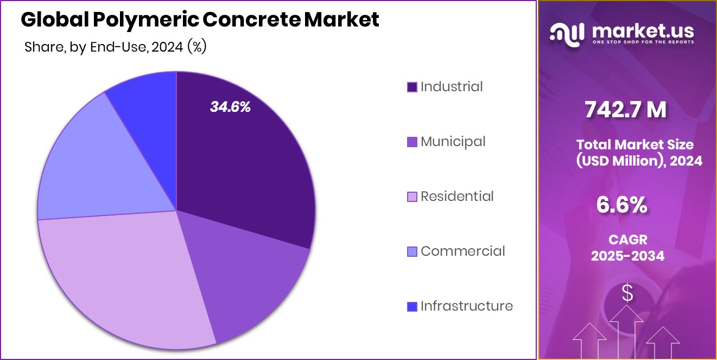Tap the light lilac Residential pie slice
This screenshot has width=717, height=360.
coord(125,282)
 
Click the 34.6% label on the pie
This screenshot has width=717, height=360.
coord(230,107)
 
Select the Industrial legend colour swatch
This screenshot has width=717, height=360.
coord(412,87)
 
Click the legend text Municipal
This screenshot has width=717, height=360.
coord(453,142)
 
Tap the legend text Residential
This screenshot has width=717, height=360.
coord(457,197)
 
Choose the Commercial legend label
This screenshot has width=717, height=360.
coord(462,251)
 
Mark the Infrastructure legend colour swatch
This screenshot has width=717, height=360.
coord(412,306)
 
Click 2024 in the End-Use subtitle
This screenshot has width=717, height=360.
coord(167,48)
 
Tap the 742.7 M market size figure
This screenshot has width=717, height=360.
coord(625,110)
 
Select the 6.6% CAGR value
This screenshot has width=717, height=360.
coord(621,205)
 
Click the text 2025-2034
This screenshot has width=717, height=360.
coord(627,256)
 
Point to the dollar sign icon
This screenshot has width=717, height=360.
coord(627,294)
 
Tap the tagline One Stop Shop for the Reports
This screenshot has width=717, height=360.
coord(644,42)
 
